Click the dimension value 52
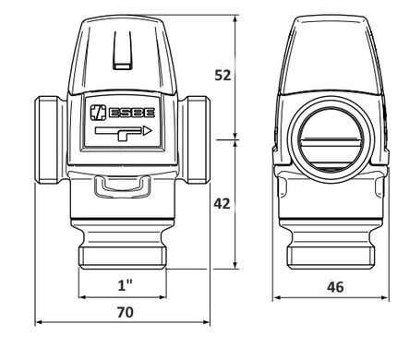point(223,75)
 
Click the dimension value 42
point(222,203)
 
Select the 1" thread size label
point(126,285)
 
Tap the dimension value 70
point(126,312)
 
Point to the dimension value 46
point(335,287)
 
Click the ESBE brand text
point(132,113)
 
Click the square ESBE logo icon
point(98,113)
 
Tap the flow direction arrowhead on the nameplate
point(148,131)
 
